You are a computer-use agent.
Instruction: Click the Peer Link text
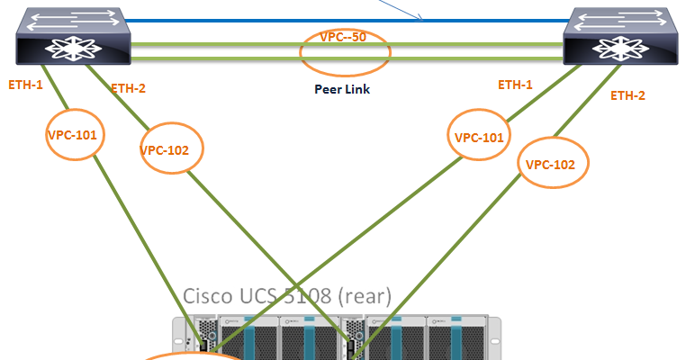pos(342,90)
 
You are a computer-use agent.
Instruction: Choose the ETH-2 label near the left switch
pos(128,88)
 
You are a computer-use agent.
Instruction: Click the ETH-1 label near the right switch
pos(515,85)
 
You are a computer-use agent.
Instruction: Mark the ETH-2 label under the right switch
pos(627,94)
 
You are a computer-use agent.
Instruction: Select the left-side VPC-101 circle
pos(76,135)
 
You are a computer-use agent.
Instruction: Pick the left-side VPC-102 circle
pos(171,149)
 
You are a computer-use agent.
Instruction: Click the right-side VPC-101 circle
pos(478,138)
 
